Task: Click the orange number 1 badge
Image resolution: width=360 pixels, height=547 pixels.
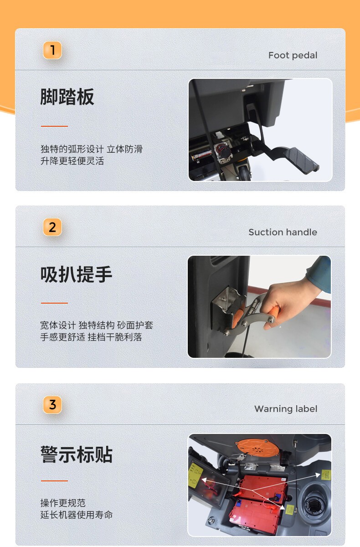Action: (52, 50)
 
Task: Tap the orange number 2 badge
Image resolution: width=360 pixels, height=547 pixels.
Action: (52, 227)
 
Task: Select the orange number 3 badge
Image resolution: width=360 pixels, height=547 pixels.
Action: (52, 405)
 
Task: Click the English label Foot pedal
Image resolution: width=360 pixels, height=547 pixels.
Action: (293, 56)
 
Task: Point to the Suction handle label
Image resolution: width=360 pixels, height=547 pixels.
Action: (283, 232)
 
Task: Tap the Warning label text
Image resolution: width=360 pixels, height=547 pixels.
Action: (286, 409)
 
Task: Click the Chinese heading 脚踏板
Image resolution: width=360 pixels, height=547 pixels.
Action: (67, 97)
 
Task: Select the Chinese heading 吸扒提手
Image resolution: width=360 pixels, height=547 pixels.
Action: (76, 274)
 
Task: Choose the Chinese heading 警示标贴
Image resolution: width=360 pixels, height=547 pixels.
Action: (76, 454)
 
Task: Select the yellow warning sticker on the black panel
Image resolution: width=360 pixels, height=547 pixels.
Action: (195, 475)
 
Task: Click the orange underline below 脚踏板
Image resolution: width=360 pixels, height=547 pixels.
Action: (54, 126)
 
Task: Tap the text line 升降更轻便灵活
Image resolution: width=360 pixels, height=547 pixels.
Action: (72, 161)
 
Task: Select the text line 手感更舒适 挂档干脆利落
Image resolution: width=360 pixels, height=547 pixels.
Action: (91, 337)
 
